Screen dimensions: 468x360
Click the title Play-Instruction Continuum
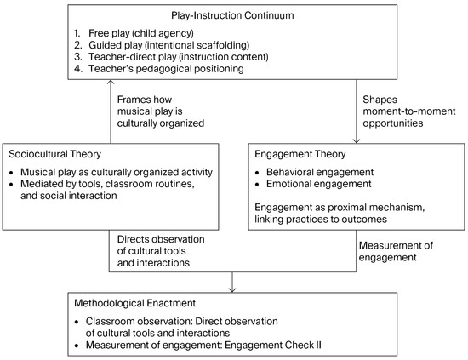[232, 15]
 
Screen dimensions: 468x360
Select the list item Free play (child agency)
[141, 33]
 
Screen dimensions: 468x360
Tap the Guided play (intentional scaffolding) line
[169, 45]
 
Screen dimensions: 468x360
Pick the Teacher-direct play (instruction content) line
[179, 57]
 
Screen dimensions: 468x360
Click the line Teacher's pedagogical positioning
[166, 69]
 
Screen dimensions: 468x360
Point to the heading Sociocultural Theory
[55, 154]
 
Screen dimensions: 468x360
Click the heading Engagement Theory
[300, 154]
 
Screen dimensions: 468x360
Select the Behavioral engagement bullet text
[320, 172]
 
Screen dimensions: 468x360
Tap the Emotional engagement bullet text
[319, 184]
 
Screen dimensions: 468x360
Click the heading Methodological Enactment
[135, 303]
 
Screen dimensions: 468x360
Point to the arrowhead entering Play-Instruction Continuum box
[111, 82]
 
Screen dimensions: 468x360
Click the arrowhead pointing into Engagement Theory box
[356, 141]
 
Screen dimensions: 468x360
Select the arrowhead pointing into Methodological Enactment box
[232, 289]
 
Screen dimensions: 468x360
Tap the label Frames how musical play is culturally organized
[161, 111]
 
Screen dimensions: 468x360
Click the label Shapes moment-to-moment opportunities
[409, 111]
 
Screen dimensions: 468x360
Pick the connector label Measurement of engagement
[396, 251]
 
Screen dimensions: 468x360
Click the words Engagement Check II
[273, 345]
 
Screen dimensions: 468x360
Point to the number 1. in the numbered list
[77, 33]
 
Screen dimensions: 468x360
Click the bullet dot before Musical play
[11, 173]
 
